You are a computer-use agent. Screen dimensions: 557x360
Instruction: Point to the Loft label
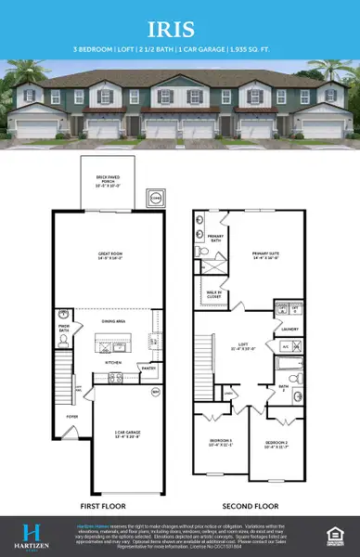point(246,348)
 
